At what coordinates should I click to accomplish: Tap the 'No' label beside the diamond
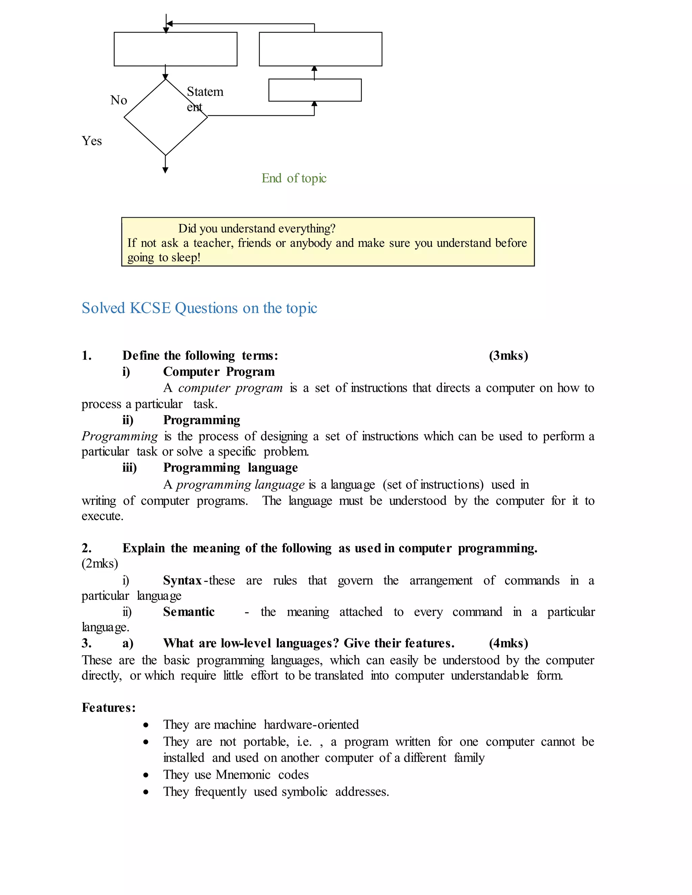click(119, 100)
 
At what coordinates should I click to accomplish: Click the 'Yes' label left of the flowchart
click(92, 141)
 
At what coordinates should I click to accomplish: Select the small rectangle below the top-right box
click(315, 90)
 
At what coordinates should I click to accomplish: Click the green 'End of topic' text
click(294, 178)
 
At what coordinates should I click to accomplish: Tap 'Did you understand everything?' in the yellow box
click(257, 228)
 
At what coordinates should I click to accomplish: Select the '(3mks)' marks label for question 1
click(508, 355)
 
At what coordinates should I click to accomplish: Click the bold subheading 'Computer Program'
click(219, 372)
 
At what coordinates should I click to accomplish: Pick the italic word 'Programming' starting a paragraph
click(119, 436)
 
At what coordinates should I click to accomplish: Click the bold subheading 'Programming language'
click(230, 467)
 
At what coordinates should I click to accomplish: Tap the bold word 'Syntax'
click(182, 580)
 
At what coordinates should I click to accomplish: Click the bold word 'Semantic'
click(189, 612)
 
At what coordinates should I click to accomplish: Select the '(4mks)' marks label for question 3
click(508, 643)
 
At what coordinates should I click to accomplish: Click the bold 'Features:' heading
click(109, 708)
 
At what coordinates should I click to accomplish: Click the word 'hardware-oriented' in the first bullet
click(311, 724)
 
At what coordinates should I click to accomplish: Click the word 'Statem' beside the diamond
click(205, 92)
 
